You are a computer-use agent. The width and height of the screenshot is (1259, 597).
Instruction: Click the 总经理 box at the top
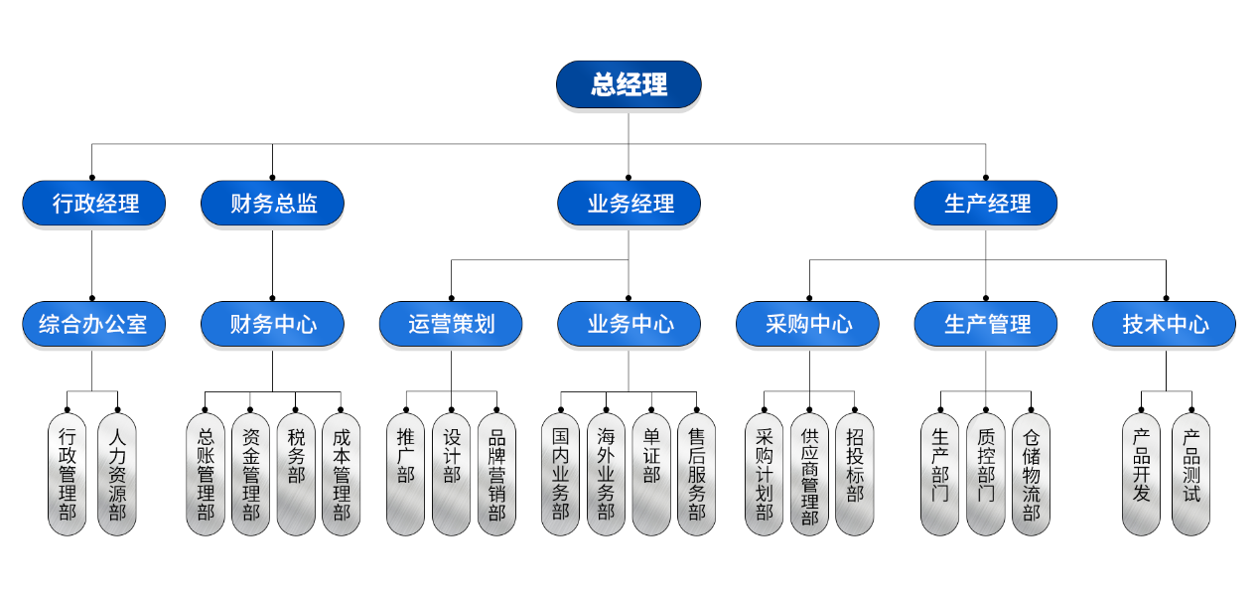[x=629, y=84]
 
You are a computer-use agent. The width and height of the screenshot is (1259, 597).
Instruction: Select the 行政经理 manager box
[x=94, y=204]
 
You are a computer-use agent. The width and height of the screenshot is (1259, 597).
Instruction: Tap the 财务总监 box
[x=273, y=204]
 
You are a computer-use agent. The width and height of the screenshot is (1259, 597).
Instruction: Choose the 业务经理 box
[x=629, y=204]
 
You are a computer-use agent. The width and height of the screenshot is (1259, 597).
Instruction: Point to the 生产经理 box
[x=986, y=204]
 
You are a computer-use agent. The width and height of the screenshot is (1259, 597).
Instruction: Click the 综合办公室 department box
[x=94, y=324]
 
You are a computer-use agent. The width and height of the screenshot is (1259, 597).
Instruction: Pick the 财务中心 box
[x=273, y=324]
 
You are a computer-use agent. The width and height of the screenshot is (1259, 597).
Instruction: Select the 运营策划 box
[x=451, y=324]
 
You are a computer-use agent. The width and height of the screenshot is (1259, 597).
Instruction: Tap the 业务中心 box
[x=629, y=324]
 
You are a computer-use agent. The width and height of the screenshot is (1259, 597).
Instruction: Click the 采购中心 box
[x=808, y=324]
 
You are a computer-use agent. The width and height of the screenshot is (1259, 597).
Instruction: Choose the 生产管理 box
[x=986, y=324]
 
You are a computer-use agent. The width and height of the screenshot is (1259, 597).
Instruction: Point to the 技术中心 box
[x=1165, y=324]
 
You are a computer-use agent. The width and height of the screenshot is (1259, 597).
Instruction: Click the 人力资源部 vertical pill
[x=117, y=474]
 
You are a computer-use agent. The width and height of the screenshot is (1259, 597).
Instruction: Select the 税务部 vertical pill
[x=296, y=474]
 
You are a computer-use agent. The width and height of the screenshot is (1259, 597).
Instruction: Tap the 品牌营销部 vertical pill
[x=496, y=474]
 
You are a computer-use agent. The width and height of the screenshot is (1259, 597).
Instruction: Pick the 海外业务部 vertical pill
[x=606, y=474]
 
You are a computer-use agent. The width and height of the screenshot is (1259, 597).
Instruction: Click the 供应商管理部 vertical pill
[x=809, y=474]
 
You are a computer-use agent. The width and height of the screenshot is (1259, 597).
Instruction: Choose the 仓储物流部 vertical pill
[x=1032, y=474]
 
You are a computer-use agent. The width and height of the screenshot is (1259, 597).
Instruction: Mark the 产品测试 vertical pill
[x=1191, y=474]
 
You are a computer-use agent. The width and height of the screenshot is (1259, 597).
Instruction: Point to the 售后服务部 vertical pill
[x=697, y=474]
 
